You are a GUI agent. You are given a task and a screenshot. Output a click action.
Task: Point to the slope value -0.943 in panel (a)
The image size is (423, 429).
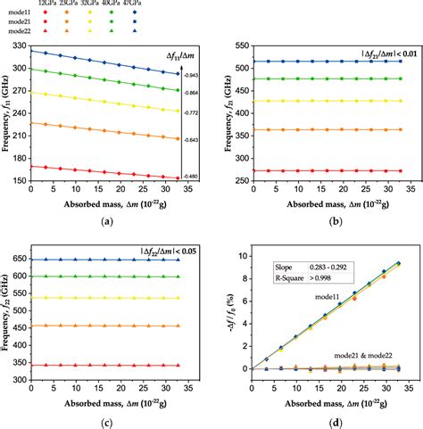(x=192, y=76)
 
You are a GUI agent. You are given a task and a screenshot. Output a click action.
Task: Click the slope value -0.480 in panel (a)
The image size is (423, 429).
(x=192, y=177)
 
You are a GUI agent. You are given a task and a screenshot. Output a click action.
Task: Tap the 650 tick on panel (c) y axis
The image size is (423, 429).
(x=19, y=260)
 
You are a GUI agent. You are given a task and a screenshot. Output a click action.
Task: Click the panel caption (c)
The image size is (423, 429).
(x=107, y=422)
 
